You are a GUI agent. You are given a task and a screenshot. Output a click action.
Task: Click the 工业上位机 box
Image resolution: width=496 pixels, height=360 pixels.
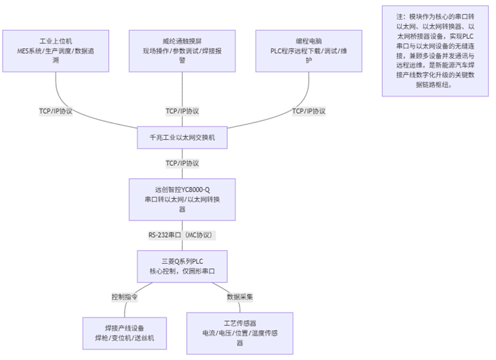tap(55, 51)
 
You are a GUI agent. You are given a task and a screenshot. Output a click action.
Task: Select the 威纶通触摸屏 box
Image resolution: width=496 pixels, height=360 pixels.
tap(182, 51)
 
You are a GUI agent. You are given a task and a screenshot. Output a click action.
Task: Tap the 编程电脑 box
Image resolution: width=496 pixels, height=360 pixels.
tap(309, 51)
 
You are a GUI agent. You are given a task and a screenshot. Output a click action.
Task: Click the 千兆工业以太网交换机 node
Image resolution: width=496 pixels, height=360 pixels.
tap(182, 138)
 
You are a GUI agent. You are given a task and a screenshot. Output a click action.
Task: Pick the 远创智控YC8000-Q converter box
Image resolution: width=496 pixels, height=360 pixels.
tap(182, 199)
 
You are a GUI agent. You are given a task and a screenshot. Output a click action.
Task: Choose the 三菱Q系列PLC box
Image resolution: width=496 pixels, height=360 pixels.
tap(182, 266)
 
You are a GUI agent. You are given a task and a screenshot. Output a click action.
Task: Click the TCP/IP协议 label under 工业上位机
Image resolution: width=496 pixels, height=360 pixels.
tap(55, 111)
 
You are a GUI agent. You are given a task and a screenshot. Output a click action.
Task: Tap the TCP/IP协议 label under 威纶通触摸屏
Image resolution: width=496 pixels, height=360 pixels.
tap(182, 111)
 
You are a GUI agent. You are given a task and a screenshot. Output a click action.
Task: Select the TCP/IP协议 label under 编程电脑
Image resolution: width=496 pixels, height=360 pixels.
tap(309, 111)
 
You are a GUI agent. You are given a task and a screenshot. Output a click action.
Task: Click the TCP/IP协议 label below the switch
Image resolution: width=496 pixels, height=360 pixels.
tap(182, 163)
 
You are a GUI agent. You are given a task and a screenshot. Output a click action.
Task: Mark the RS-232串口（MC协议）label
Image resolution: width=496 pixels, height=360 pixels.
tap(182, 234)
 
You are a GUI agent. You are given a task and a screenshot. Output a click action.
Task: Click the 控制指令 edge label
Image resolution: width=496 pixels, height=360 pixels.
tap(124, 297)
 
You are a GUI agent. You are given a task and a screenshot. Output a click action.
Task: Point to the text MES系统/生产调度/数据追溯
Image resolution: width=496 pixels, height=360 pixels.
tap(55, 55)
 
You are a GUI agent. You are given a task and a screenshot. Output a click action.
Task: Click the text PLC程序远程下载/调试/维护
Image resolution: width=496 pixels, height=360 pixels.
tap(309, 55)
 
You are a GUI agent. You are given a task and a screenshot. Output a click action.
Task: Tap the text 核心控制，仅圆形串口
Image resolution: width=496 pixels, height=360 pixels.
tap(182, 271)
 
